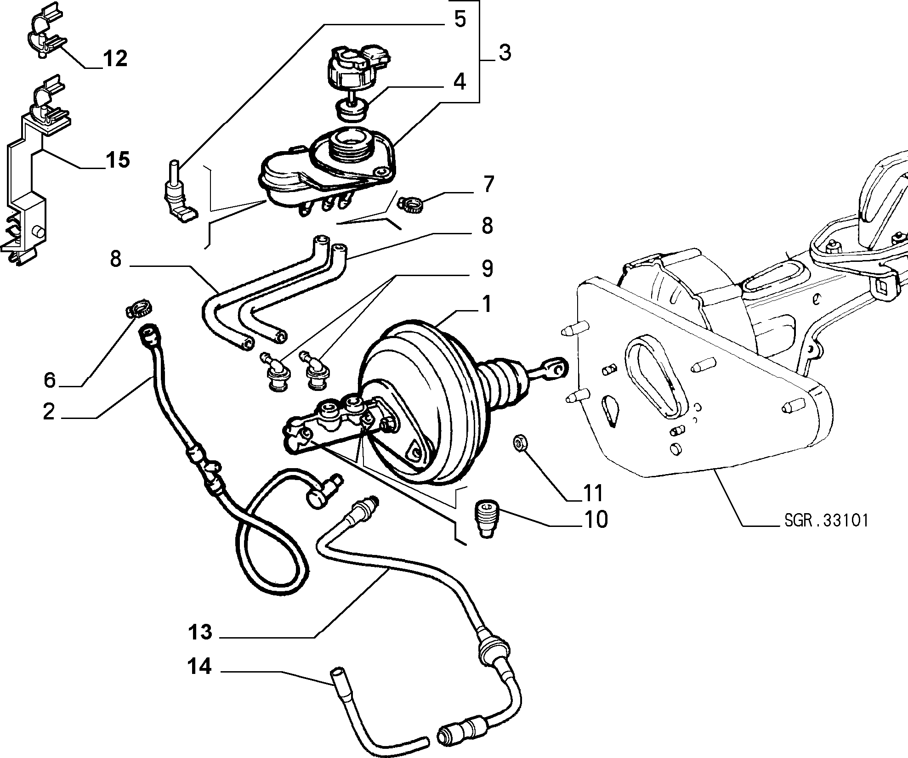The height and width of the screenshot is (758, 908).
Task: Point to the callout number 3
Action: click(505, 53)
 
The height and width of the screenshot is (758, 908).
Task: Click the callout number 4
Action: click(459, 81)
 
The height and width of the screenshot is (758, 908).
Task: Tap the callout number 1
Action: click(486, 304)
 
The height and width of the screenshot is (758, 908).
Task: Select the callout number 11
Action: click(592, 493)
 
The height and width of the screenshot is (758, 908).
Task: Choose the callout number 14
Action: click(199, 667)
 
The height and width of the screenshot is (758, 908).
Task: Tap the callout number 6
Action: click(50, 380)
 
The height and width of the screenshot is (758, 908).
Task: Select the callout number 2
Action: click(49, 411)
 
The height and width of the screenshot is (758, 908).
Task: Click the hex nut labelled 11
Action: click(519, 443)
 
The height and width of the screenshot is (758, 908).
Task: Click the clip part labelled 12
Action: click(45, 32)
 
